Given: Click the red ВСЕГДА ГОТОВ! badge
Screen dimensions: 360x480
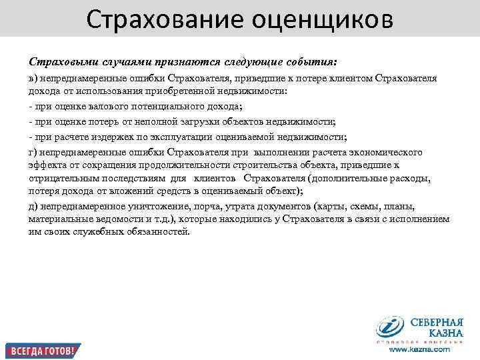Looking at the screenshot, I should point(41,349).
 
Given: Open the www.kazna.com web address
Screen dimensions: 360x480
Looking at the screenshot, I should point(419,349).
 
